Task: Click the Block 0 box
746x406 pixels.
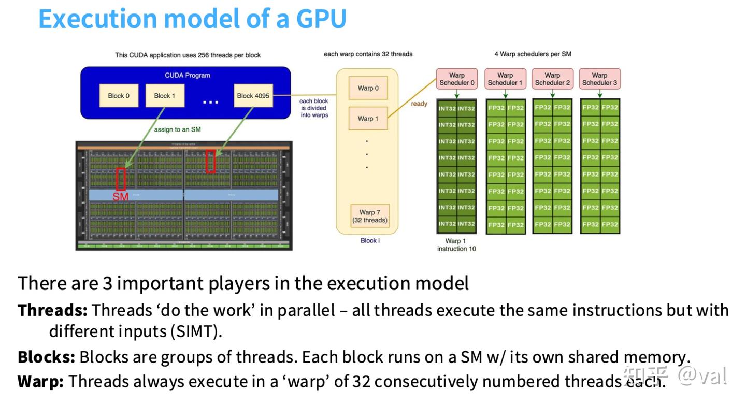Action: (x=119, y=96)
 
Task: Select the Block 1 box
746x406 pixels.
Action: (x=165, y=96)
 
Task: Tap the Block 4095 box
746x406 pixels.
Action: (x=253, y=96)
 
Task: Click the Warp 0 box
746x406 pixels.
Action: (x=368, y=88)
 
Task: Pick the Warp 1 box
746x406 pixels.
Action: (x=368, y=119)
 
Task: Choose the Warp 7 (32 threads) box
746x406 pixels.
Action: (x=370, y=216)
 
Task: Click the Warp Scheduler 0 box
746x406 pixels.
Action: (x=457, y=79)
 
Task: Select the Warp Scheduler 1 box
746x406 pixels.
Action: (x=505, y=79)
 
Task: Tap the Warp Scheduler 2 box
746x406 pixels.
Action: (x=552, y=79)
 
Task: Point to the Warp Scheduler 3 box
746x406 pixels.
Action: (x=599, y=79)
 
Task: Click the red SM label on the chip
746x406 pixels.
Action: (x=120, y=197)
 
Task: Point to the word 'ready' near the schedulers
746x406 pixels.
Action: (x=419, y=104)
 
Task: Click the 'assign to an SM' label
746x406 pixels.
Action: (x=177, y=129)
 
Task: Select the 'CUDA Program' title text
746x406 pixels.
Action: (x=188, y=75)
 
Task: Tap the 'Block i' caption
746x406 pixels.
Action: (x=370, y=240)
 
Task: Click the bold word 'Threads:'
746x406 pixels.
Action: (x=52, y=310)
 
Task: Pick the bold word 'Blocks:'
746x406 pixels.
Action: (x=46, y=357)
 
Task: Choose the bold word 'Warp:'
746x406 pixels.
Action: (x=40, y=381)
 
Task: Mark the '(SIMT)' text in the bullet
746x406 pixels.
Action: (x=196, y=331)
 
